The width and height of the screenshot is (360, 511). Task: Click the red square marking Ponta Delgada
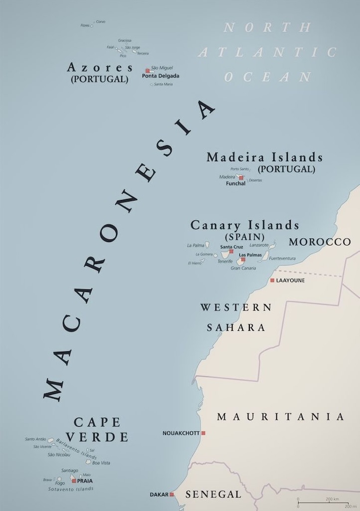pyautogui.click(x=147, y=70)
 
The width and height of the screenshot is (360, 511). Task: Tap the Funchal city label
pyautogui.click(x=235, y=184)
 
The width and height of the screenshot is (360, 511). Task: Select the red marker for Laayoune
pyautogui.click(x=272, y=280)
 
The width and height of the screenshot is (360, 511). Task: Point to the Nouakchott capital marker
pyautogui.click(x=203, y=433)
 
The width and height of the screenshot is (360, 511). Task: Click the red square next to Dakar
pyautogui.click(x=172, y=495)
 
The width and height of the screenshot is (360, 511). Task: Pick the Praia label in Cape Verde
pyautogui.click(x=85, y=481)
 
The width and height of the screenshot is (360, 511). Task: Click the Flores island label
pyautogui.click(x=85, y=25)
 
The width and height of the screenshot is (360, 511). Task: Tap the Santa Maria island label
pyautogui.click(x=164, y=84)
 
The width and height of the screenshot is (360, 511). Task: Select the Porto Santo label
pyautogui.click(x=239, y=169)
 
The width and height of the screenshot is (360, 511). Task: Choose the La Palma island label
pyautogui.click(x=195, y=246)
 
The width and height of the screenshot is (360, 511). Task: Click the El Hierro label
pyautogui.click(x=194, y=263)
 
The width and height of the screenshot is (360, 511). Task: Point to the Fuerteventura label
pyautogui.click(x=282, y=258)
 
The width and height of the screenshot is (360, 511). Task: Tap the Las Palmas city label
pyautogui.click(x=250, y=255)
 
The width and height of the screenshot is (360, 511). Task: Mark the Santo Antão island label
pyautogui.click(x=35, y=439)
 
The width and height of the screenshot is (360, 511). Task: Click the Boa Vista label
pyautogui.click(x=101, y=463)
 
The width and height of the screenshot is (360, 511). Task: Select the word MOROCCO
pyautogui.click(x=320, y=242)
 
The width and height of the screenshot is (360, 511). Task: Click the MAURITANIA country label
pyautogui.click(x=281, y=417)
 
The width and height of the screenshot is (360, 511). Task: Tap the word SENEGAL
pyautogui.click(x=213, y=495)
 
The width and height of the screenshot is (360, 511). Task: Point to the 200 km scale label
pyautogui.click(x=333, y=499)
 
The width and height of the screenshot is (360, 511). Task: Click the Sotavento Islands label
pyautogui.click(x=71, y=489)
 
